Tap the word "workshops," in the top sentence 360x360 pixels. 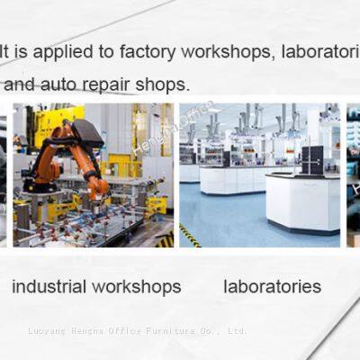(226, 50)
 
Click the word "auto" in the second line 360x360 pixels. (63, 85)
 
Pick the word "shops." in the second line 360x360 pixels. (163, 85)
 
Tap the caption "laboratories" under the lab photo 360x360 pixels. (272, 286)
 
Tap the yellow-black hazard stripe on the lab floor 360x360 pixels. (189, 236)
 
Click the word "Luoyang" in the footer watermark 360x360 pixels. (48, 330)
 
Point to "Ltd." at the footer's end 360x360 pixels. (237, 330)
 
